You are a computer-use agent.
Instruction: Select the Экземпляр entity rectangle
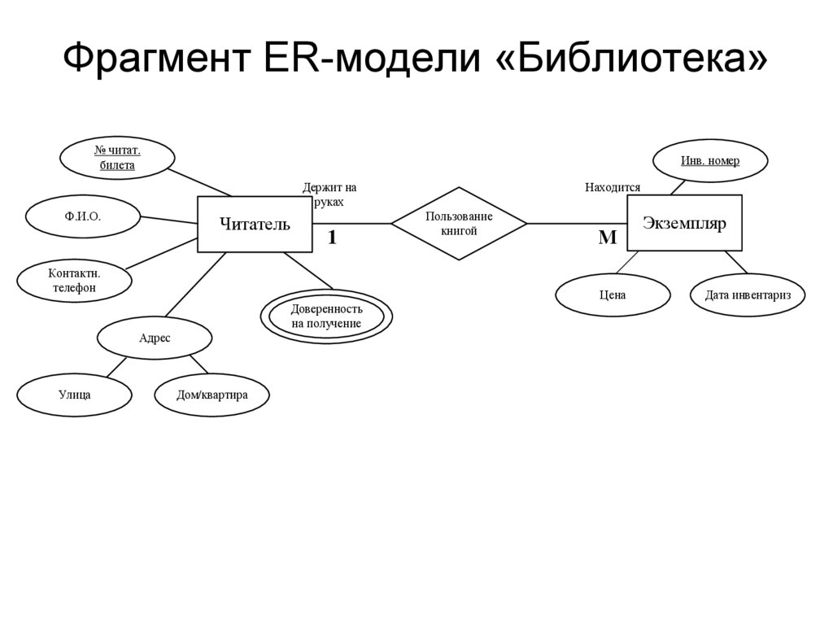point(684,223)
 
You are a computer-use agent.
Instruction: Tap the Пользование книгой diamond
point(459,224)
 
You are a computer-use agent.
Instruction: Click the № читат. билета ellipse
point(118,158)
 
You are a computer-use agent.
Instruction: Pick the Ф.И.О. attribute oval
point(83,216)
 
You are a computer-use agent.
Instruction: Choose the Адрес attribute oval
point(155,338)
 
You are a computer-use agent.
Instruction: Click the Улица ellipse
point(74,395)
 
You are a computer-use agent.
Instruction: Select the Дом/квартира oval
point(212,395)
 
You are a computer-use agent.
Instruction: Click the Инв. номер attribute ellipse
point(710,161)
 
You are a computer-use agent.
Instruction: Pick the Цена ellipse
point(613,295)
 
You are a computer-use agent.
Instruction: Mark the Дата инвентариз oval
point(748,295)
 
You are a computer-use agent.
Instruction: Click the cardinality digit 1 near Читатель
point(332,238)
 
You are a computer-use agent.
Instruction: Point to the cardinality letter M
point(608,238)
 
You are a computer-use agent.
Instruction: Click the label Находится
point(613,188)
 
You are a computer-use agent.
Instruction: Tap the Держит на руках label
point(329,194)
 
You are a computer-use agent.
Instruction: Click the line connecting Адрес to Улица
point(116,367)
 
